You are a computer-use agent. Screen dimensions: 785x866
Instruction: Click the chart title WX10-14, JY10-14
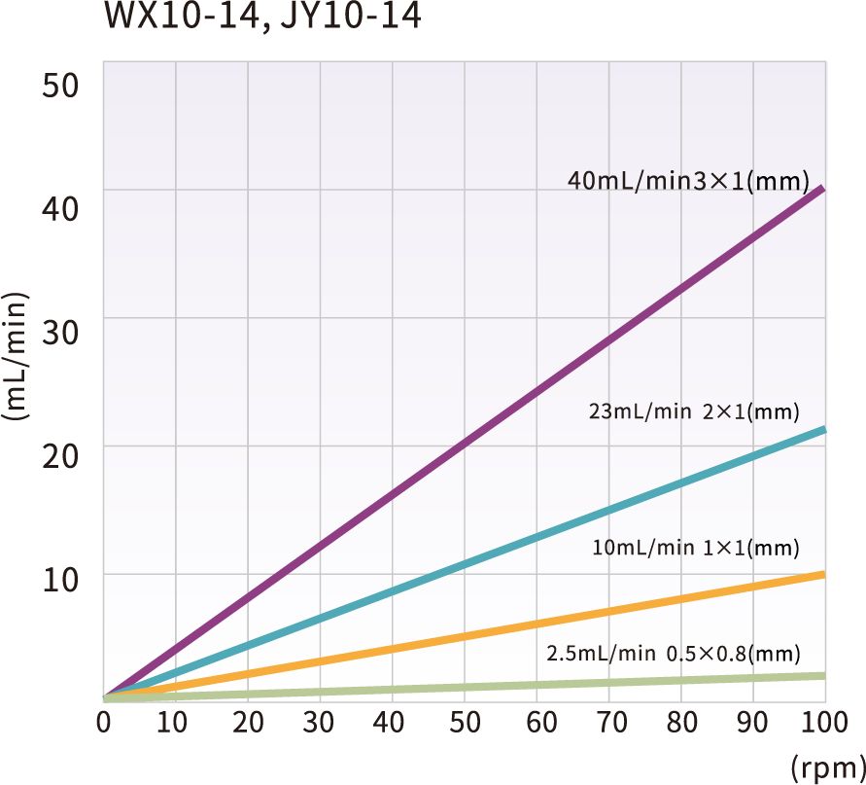point(263,18)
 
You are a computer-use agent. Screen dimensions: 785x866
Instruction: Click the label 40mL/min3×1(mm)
point(689,181)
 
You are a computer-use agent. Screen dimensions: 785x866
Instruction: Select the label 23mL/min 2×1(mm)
point(694,411)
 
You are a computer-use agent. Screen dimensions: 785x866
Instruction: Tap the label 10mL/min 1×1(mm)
point(695,549)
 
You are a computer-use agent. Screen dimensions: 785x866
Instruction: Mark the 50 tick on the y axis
point(60,83)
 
